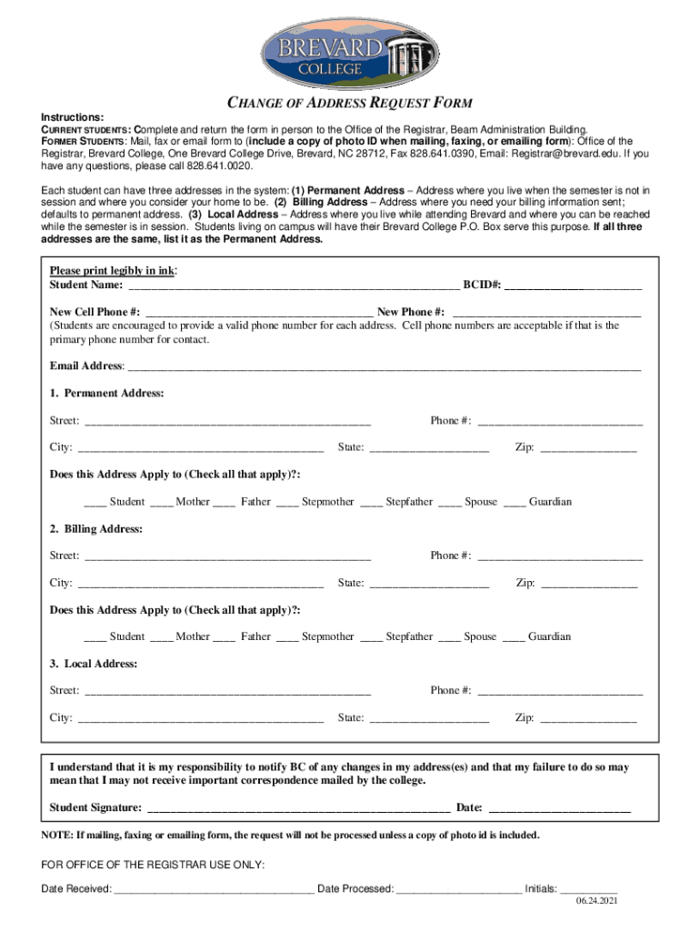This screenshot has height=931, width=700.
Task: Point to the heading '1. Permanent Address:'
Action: tap(106, 394)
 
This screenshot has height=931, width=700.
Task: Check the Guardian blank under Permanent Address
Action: tap(514, 504)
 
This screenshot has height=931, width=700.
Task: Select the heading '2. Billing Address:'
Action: tap(95, 528)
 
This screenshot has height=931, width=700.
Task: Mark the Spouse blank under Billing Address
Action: tap(449, 638)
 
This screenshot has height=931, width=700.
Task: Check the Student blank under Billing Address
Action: tap(95, 638)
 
